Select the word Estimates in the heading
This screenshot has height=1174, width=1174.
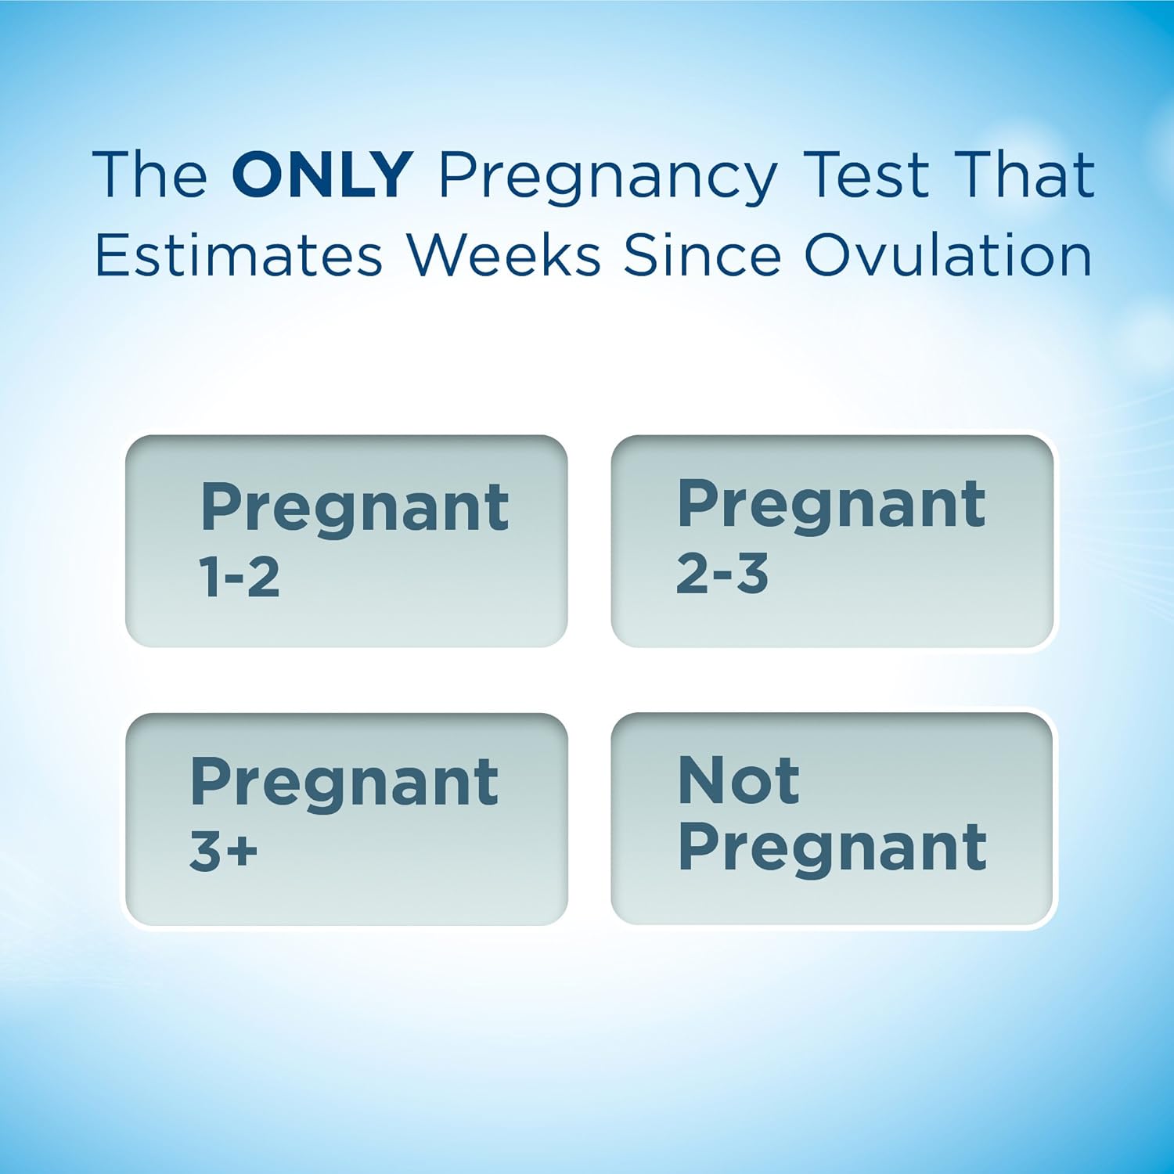(x=239, y=255)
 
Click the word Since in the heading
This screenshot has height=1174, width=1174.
(x=702, y=255)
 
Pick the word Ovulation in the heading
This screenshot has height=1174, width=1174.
(x=948, y=255)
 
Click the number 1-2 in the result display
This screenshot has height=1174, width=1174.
(x=239, y=578)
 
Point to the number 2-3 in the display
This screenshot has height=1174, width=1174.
(x=722, y=574)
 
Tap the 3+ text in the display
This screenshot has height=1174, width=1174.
(x=223, y=851)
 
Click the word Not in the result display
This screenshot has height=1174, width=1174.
(x=739, y=780)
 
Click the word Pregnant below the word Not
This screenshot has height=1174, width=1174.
(x=832, y=850)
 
